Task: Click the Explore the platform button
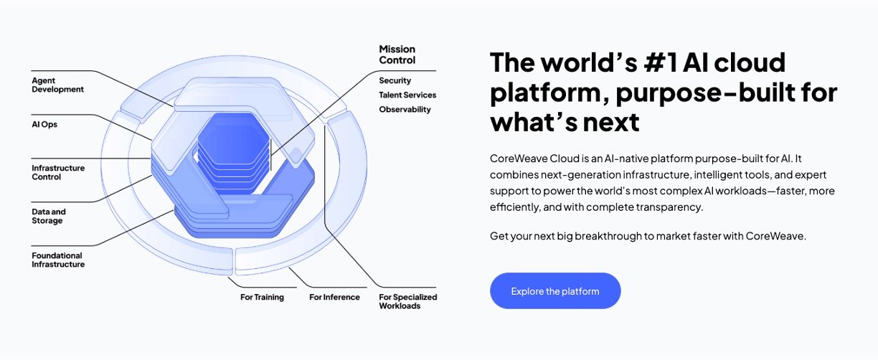(555, 291)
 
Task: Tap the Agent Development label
(57, 85)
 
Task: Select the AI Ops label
(44, 125)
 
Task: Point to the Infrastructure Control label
(58, 172)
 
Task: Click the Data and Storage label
(49, 217)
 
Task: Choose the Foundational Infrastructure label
(58, 260)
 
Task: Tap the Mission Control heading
(397, 55)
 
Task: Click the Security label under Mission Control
(395, 81)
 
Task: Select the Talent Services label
(407, 95)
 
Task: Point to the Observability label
(405, 110)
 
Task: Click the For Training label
(262, 298)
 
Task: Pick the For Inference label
(334, 298)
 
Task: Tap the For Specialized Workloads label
(407, 302)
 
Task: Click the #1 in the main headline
(661, 62)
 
